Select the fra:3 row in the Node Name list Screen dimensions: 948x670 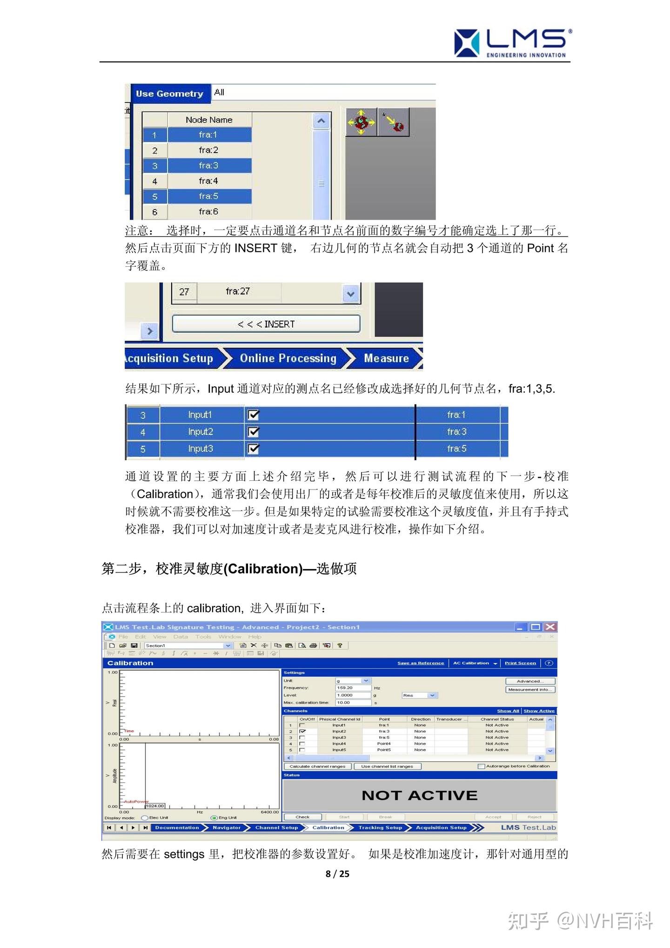click(208, 166)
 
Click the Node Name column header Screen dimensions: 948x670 click(209, 120)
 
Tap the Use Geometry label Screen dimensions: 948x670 click(169, 94)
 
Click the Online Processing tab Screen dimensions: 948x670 click(288, 358)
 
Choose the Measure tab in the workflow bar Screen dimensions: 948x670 click(386, 358)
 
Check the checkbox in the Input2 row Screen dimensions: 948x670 click(254, 432)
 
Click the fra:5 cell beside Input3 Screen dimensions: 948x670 click(456, 449)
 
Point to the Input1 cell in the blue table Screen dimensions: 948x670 click(200, 415)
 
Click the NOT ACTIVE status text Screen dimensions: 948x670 click(420, 795)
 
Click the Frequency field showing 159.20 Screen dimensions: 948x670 click(353, 688)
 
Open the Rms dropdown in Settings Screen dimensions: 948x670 click(432, 695)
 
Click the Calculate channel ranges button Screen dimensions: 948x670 click(317, 766)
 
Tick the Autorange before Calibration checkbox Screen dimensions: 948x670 click(482, 766)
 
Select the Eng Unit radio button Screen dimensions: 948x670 click(214, 818)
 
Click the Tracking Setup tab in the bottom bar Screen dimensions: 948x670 click(380, 827)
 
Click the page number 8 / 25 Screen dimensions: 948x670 click(337, 874)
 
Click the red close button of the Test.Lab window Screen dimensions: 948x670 click(550, 627)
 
